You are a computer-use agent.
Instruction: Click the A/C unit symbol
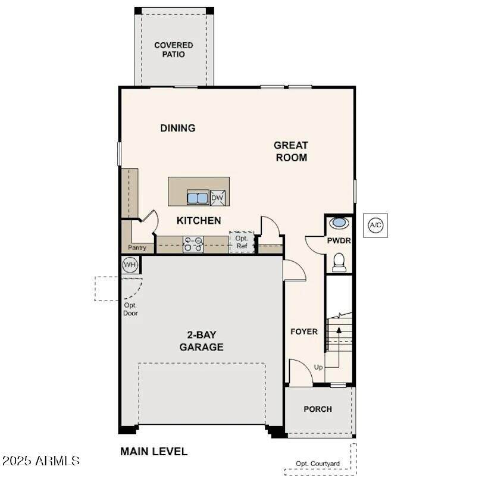[x=375, y=226]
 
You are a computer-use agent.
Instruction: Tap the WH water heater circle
[x=129, y=265]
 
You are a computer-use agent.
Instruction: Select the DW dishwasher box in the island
[x=218, y=198]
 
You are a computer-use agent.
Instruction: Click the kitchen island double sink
[x=198, y=198]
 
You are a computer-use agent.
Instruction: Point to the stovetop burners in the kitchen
[x=193, y=244]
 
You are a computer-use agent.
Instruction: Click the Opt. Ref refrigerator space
[x=242, y=242]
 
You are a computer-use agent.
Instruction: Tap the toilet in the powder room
[x=339, y=262]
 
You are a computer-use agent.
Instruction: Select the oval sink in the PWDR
[x=339, y=223]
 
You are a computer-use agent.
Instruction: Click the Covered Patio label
[x=174, y=49]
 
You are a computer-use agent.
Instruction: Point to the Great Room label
[x=291, y=151]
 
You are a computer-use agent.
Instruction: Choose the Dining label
[x=178, y=128]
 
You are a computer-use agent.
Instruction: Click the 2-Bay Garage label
[x=201, y=340]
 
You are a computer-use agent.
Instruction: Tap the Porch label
[x=318, y=409]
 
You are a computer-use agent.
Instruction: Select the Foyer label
[x=304, y=331]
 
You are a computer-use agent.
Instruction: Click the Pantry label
[x=137, y=248]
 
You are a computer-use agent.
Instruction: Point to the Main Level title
[x=154, y=451]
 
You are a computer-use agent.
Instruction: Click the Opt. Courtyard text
[x=318, y=464]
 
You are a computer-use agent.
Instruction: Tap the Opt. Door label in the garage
[x=130, y=309]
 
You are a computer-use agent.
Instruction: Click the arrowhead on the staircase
[x=339, y=330]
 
